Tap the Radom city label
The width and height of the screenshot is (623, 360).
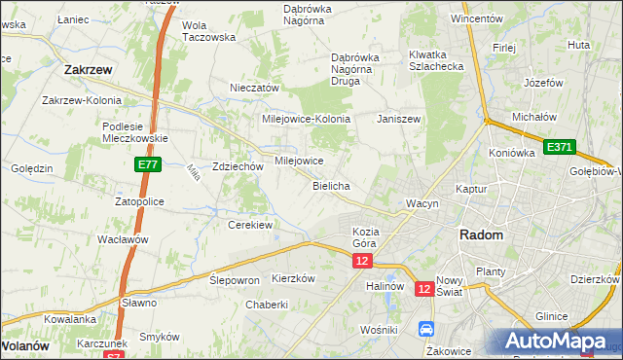tap(481, 235)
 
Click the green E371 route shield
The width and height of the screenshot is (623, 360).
tap(560, 147)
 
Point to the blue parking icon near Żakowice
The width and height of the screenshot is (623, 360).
tap(425, 329)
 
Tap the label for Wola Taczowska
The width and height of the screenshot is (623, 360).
tap(209, 31)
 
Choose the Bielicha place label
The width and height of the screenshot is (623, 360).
tap(331, 185)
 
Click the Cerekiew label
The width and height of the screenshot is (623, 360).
tap(249, 225)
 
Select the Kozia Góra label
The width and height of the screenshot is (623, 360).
tap(365, 236)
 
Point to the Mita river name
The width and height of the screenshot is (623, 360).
tap(191, 172)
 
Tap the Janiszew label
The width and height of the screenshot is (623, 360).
tap(398, 119)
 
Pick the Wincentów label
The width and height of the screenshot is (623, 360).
tap(476, 18)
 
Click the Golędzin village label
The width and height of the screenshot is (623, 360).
tap(31, 168)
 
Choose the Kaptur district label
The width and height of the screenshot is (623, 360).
tap(470, 189)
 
